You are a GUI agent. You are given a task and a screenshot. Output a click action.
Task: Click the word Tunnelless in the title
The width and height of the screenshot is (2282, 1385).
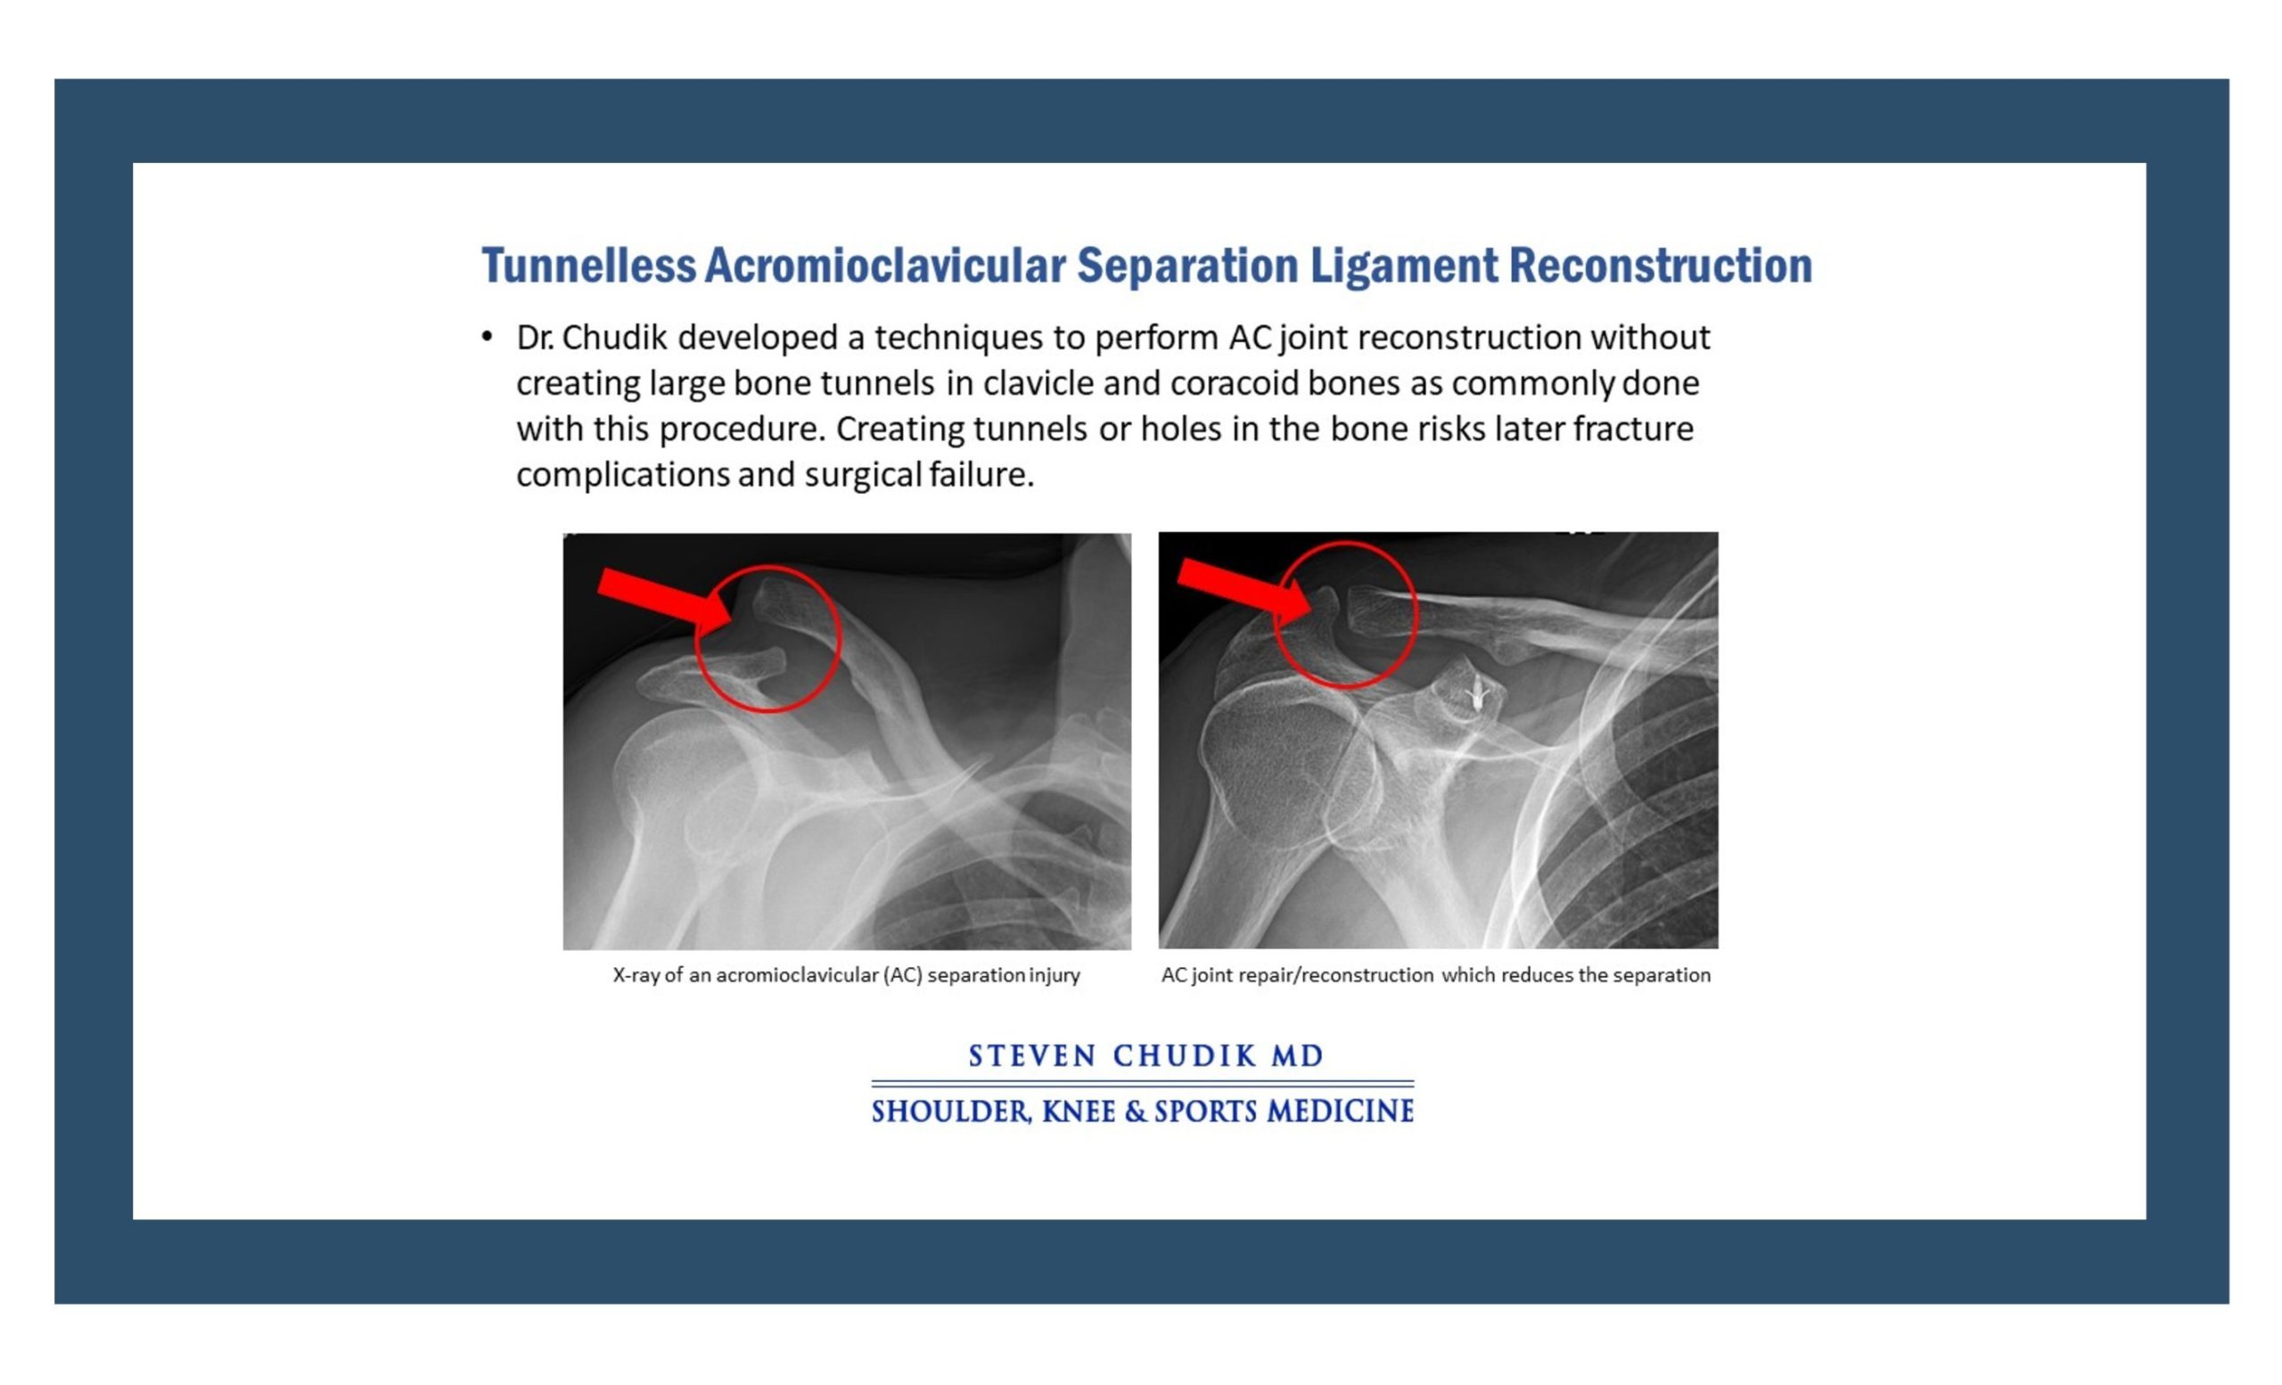[x=588, y=266]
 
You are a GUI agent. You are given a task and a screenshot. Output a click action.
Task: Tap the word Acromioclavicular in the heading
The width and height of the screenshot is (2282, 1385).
[x=884, y=266]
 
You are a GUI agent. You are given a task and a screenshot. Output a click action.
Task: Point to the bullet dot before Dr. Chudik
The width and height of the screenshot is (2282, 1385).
[x=487, y=337]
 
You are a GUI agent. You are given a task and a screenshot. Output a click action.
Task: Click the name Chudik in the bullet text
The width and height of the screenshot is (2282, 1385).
[x=614, y=337]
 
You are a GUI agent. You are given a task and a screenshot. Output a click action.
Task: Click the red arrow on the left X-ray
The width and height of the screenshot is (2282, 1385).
[x=665, y=599]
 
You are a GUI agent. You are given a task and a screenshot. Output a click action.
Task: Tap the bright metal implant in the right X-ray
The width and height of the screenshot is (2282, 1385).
[x=1476, y=692]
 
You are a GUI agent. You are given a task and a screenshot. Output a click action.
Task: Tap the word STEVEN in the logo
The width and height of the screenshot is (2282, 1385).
[x=1032, y=1055]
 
